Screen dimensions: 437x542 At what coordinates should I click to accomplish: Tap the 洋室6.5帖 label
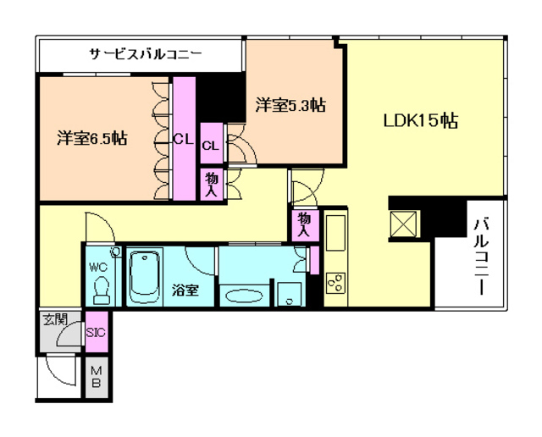(92, 138)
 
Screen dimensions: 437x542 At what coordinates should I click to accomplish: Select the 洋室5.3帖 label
(291, 106)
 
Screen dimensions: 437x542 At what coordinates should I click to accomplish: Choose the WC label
(98, 265)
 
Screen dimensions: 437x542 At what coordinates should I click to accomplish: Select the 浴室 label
(185, 290)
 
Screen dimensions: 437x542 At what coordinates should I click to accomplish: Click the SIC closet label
(96, 333)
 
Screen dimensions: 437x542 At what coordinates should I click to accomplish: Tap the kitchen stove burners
(335, 282)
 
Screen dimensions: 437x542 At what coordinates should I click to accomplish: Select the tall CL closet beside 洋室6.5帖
(184, 139)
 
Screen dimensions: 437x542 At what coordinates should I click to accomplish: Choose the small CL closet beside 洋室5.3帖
(211, 145)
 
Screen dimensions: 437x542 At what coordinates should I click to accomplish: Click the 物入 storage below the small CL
(211, 184)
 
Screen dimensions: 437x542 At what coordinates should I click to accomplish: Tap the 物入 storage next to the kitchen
(301, 225)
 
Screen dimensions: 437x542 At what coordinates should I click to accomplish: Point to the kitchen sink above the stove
(335, 234)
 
